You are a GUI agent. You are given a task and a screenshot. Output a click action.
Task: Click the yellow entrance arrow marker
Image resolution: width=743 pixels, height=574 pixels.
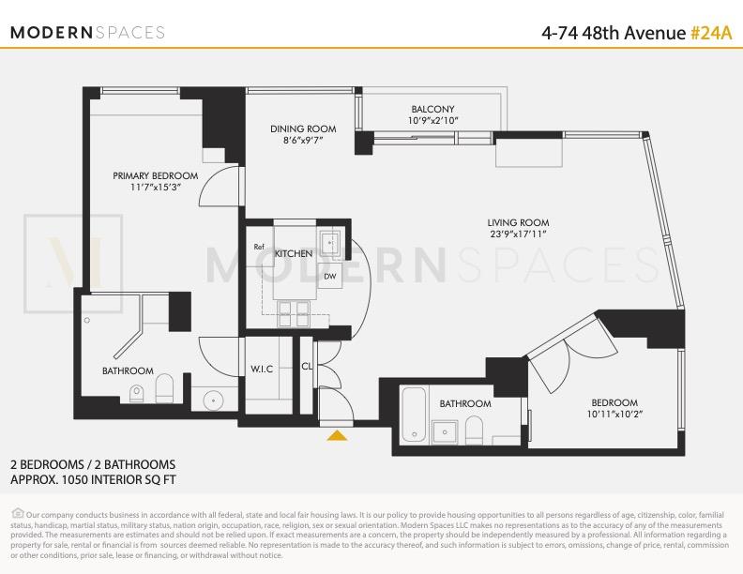pos(337,434)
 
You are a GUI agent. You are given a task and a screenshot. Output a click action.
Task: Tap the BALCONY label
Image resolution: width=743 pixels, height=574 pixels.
pos(432,109)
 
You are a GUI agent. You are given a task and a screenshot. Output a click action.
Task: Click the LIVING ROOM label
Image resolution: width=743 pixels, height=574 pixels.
pos(518,221)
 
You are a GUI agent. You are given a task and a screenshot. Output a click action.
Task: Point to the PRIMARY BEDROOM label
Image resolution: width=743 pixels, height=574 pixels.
pos(156,175)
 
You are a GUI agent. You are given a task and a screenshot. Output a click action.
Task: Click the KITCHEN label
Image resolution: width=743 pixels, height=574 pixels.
pos(294,254)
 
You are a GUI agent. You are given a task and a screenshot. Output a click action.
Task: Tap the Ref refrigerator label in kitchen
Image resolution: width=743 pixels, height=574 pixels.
pos(260,247)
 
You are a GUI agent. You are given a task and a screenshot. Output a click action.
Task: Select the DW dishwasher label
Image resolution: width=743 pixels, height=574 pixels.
pos(330,277)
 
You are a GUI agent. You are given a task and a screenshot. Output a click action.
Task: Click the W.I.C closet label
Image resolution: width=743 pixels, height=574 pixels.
pos(262,369)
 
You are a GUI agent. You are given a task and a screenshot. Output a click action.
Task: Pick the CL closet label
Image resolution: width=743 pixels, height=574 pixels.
pos(307,368)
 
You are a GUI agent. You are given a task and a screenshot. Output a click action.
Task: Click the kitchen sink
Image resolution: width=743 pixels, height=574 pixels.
pos(330,245)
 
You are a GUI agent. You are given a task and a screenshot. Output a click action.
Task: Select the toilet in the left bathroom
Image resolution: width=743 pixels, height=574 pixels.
pos(165,388)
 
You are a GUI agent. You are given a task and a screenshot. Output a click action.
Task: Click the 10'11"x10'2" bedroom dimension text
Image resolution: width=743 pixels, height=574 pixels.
pos(614,414)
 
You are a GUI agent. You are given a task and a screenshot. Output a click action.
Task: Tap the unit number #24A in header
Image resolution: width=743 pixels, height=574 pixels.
pos(710,32)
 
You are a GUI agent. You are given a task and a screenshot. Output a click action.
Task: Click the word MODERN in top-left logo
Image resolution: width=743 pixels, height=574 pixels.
pos(52,32)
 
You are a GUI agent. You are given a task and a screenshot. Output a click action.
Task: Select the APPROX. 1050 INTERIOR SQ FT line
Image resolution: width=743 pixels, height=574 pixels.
pos(92,479)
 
